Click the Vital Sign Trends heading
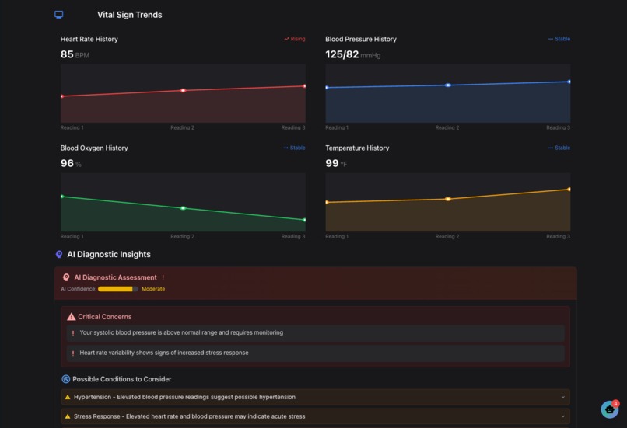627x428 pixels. point(129,15)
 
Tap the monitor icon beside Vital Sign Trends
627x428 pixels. point(59,15)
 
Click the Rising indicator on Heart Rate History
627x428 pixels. point(295,39)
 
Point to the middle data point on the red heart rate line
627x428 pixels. point(183,91)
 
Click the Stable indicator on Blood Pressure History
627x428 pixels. point(559,39)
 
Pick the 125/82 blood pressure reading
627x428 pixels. point(342,55)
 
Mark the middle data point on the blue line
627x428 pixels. point(447,85)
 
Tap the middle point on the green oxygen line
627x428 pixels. point(183,208)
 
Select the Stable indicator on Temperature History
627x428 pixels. point(559,148)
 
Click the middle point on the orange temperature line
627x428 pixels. point(447,199)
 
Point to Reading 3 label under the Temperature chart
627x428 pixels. point(558,236)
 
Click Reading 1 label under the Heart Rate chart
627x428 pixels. point(72,127)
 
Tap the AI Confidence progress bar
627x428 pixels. point(117,289)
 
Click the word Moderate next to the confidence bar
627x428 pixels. point(153,289)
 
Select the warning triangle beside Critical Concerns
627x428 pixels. point(72,317)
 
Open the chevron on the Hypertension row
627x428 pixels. point(562,397)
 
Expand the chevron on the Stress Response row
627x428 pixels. point(562,416)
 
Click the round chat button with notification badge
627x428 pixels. point(609,409)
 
